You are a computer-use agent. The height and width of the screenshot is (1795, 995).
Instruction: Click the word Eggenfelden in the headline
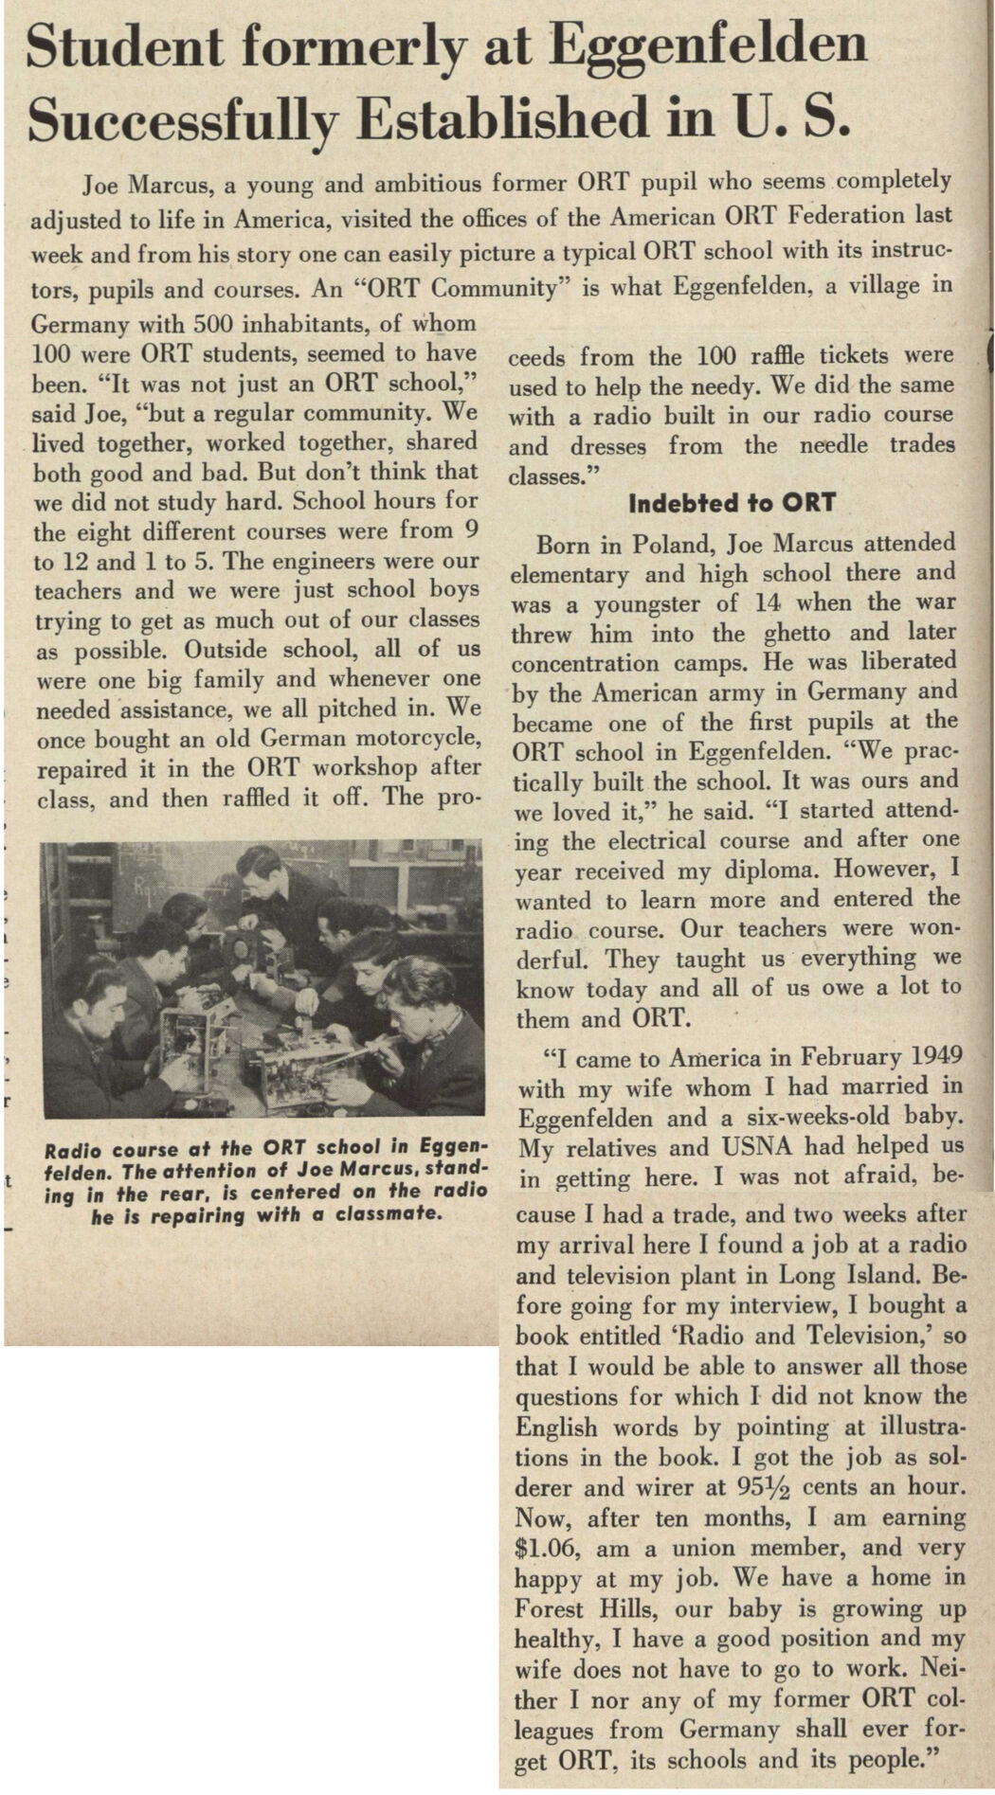[709, 45]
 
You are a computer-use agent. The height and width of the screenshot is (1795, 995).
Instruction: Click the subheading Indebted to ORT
[732, 503]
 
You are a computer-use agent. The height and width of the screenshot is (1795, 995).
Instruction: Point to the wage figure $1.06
[546, 1548]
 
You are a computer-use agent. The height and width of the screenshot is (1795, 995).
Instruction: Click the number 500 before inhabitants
[217, 324]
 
